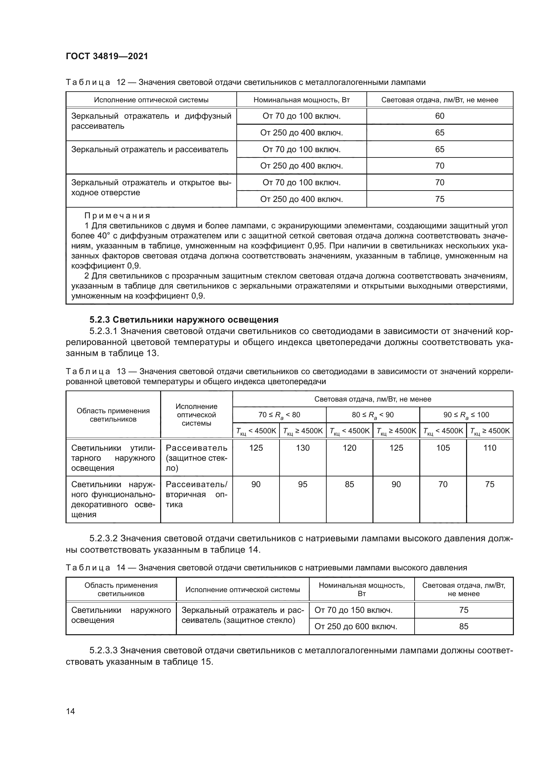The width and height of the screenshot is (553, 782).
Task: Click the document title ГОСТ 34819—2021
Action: coord(107,56)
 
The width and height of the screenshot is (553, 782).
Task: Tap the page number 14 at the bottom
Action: coord(71,711)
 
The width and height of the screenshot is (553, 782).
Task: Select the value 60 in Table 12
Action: coord(440,116)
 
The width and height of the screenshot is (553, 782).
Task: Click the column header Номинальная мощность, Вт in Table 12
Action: coord(301,100)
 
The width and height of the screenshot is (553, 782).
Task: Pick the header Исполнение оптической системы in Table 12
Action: coord(151,100)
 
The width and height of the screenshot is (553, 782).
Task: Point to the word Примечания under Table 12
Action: coord(117,216)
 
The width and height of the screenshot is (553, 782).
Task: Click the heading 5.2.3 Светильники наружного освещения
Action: coord(184,320)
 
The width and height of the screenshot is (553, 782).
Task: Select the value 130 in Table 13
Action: coord(303,448)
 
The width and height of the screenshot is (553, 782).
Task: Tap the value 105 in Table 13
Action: coord(443,448)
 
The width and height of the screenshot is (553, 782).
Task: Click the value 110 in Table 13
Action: coord(490,448)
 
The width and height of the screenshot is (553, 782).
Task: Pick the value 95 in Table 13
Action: coord(303,484)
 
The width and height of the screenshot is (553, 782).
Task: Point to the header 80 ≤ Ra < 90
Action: coord(372,415)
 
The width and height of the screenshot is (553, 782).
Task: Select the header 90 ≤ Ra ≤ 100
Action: coord(466,415)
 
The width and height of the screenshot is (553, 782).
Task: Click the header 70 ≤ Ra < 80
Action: coord(279,415)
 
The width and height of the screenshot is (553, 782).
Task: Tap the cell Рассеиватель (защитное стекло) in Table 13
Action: coord(197,458)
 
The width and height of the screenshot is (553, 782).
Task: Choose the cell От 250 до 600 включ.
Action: coord(356,626)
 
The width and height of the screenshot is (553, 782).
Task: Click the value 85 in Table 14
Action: coord(464,626)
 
